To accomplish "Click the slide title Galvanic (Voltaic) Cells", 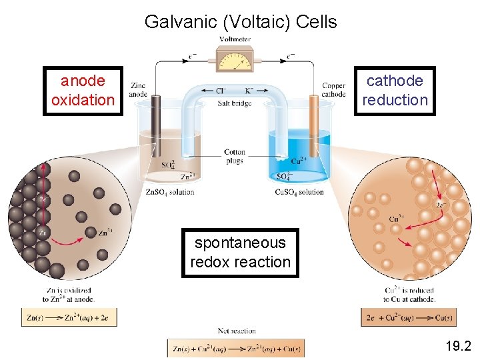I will coord(240,21).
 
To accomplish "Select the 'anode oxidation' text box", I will coord(83,91).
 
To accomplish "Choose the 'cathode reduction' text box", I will coord(395,91).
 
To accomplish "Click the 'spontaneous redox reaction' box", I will coord(240,253).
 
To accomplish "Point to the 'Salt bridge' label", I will coord(235,103).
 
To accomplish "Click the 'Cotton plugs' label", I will coord(235,156).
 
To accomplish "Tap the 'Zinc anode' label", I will coord(138,90).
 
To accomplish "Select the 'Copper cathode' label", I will coord(333,90).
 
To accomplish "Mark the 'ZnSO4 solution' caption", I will coord(170,192).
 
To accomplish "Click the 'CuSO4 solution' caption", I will coord(299,192).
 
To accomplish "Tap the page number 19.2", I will coord(459,345).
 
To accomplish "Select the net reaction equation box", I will coord(235,348).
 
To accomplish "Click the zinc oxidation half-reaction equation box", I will coord(69,317).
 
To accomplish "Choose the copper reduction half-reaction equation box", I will coord(409,317).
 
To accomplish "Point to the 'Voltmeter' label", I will coord(235,39).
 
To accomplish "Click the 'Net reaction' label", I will coord(237,331).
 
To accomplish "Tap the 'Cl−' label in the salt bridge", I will coord(220,91).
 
